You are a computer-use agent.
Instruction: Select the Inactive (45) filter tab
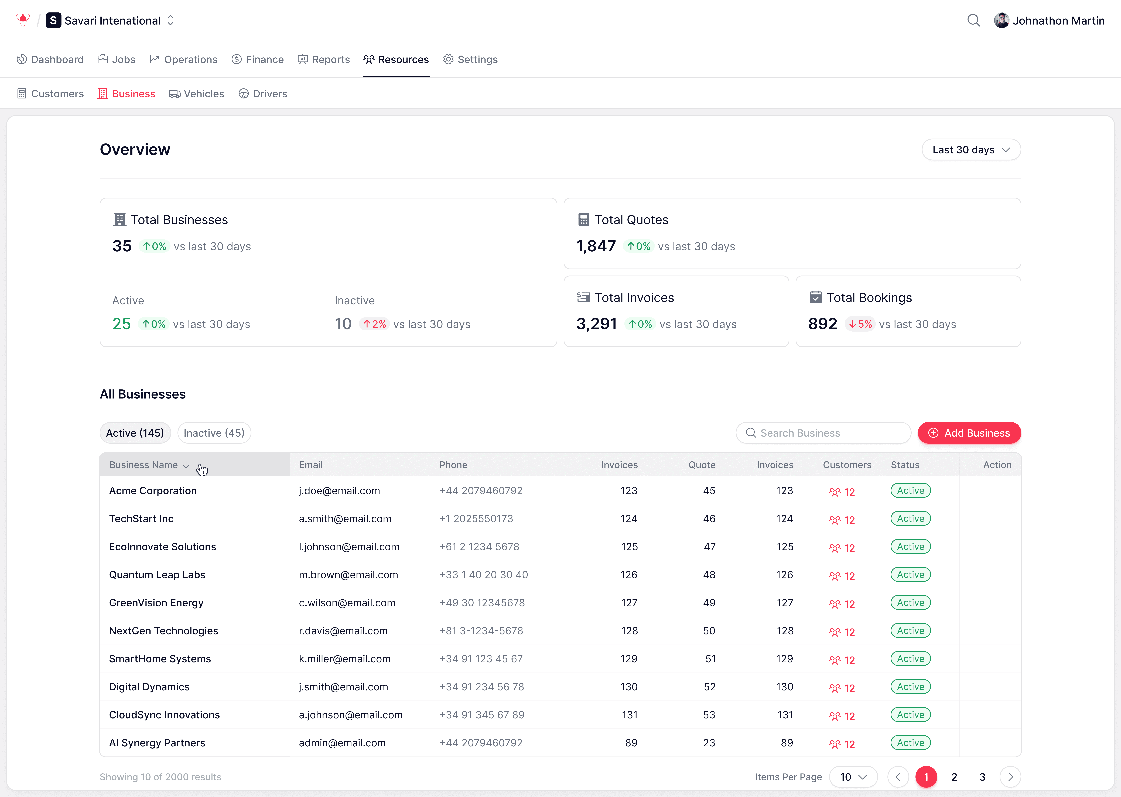pos(214,433)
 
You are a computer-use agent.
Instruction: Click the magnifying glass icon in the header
pos(973,21)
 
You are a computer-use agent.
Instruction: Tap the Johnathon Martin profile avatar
pos(1001,21)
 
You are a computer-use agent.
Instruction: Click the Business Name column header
pos(143,465)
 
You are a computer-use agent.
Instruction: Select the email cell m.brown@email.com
pos(348,575)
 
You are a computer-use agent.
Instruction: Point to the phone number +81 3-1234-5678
pos(481,631)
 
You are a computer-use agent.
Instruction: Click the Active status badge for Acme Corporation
pos(910,491)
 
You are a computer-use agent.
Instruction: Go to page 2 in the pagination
pos(954,777)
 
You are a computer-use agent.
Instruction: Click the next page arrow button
pos(1010,777)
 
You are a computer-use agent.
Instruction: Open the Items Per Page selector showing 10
pos(853,777)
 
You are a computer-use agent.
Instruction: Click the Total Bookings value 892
pos(823,324)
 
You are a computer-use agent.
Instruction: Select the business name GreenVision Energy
pos(156,603)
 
